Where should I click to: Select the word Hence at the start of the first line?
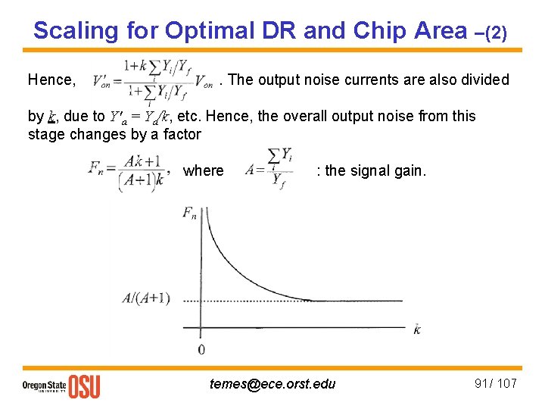51,80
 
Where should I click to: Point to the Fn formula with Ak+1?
132,171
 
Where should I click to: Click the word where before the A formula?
204,171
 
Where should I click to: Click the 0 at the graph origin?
201,350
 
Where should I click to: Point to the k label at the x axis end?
417,328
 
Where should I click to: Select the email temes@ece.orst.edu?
272,384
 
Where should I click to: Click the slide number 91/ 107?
495,383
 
